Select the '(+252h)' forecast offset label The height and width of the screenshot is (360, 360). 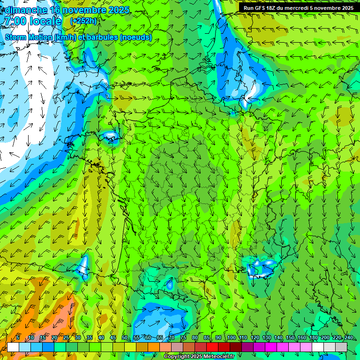click(83, 21)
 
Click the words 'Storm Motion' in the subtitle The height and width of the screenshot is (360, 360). click(28, 37)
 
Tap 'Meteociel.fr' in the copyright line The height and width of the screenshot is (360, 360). click(216, 357)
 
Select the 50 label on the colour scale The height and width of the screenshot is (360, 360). click(125, 338)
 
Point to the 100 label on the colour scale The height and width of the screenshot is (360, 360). click(232, 338)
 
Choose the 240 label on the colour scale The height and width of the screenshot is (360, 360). click(349, 338)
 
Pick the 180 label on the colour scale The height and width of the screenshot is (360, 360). click(314, 338)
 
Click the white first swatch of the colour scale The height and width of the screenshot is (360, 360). click(13, 347)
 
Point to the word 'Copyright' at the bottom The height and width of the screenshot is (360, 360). click(176, 357)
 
